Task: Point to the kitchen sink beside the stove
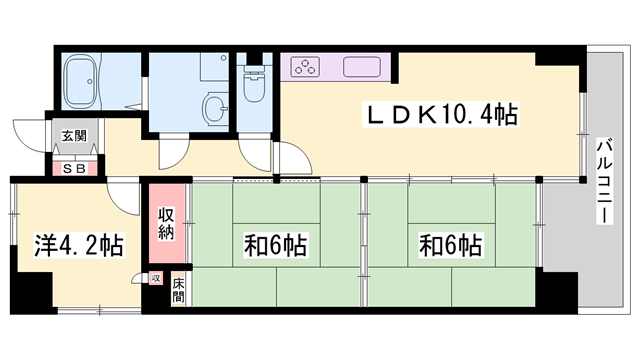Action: point(363,68)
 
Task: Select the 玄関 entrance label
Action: point(74,136)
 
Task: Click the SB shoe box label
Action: point(74,169)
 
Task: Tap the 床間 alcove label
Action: point(178,289)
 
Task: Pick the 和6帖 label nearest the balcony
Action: point(450,244)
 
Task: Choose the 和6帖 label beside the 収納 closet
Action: point(275,244)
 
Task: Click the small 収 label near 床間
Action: point(155,278)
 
